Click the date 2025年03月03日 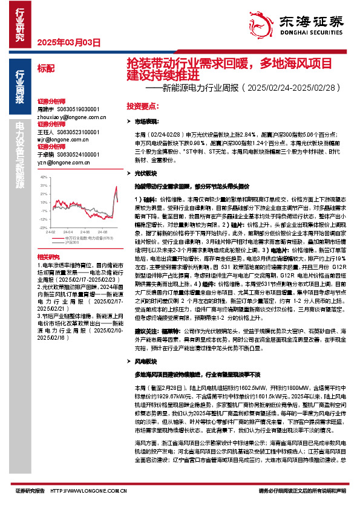tap(68, 42)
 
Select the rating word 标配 tap(45, 68)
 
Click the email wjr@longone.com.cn tap(63, 139)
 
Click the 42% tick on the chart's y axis tap(43, 177)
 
